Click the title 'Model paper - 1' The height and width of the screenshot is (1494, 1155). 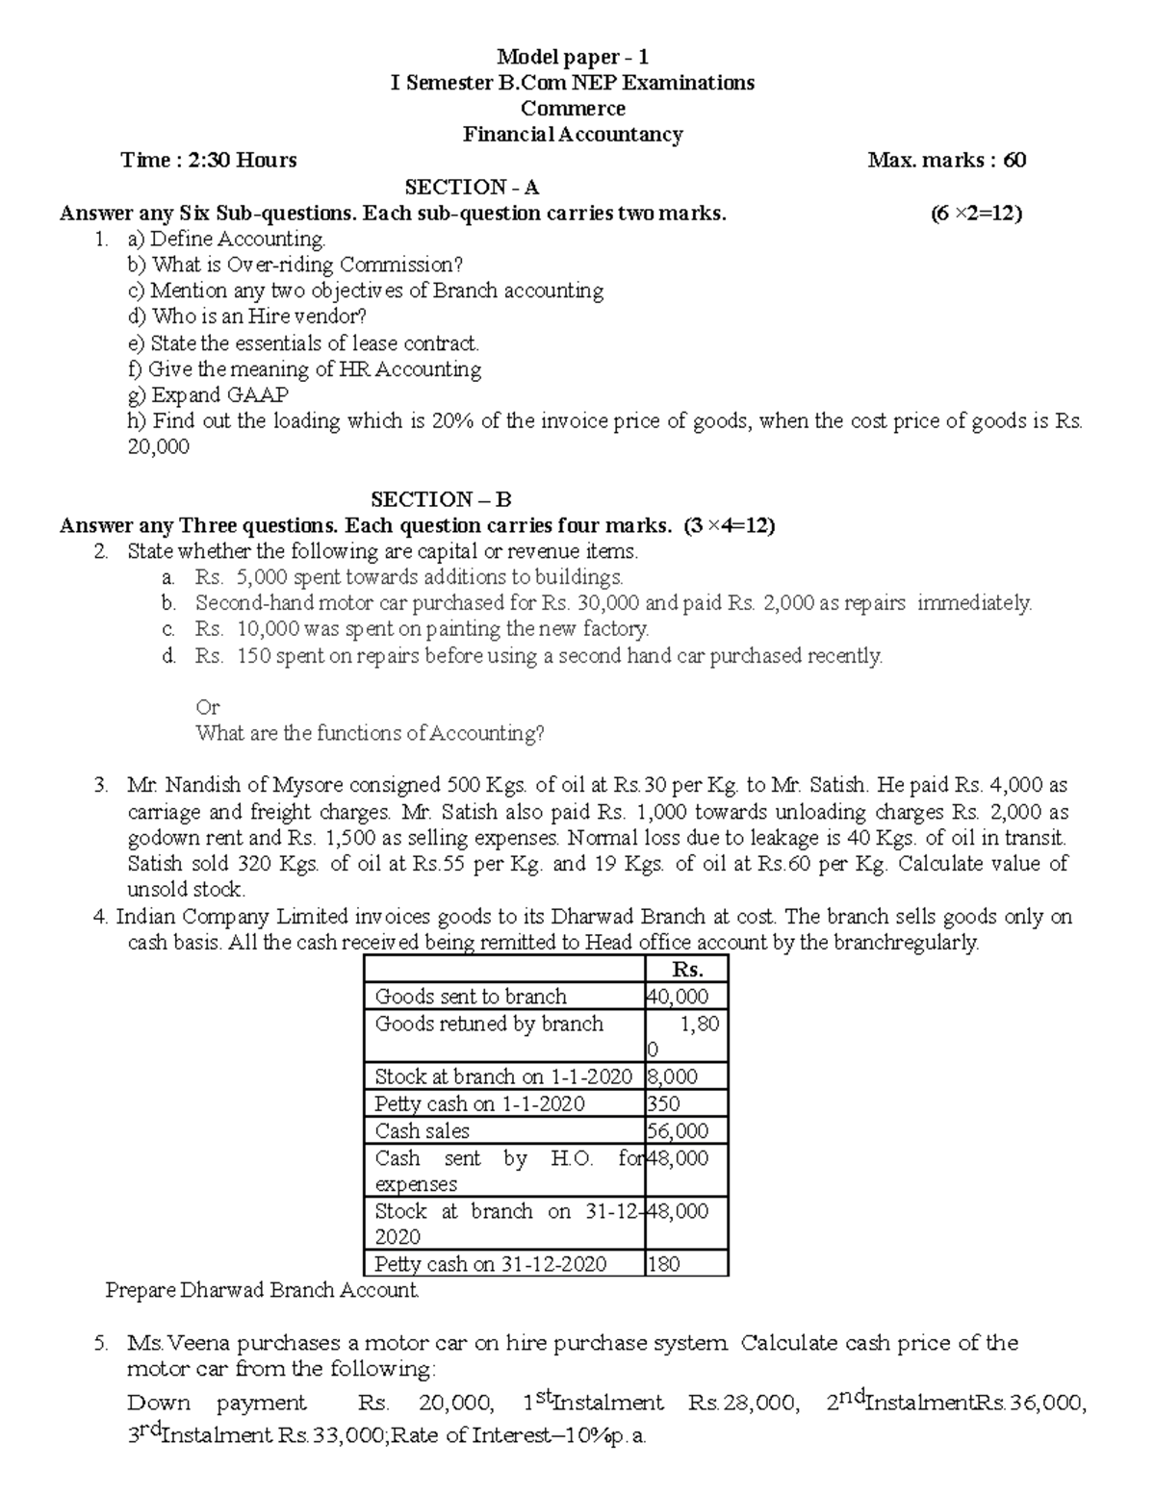572,57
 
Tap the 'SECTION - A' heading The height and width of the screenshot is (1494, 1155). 472,187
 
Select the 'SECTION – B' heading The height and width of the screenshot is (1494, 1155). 441,499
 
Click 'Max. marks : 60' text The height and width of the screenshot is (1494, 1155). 946,161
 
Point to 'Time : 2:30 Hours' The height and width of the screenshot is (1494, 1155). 209,161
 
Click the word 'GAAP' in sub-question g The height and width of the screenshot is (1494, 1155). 257,395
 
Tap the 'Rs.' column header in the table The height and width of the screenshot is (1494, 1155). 686,970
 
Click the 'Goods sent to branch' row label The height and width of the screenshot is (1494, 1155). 471,997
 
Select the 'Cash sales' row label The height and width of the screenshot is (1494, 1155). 423,1131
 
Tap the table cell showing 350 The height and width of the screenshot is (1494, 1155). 664,1104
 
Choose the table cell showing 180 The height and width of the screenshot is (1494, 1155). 664,1264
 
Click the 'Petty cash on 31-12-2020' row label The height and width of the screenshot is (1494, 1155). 491,1264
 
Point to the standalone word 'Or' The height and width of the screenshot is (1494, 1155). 208,707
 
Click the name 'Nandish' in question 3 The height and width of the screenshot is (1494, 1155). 206,786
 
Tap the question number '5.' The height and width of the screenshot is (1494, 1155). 102,1343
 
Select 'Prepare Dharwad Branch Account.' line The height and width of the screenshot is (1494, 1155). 262,1291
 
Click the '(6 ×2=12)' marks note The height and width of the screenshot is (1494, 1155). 975,214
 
